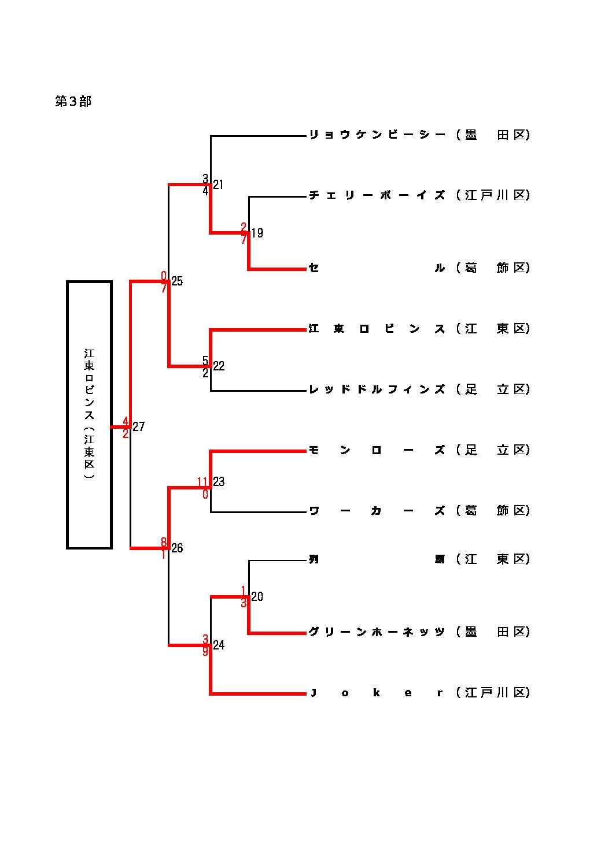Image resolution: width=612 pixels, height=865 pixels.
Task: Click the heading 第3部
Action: [x=73, y=102]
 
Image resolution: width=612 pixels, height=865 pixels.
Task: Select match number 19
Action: [x=257, y=233]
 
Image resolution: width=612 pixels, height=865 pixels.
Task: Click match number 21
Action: [x=218, y=185]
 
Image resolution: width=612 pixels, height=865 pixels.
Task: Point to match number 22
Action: [x=219, y=366]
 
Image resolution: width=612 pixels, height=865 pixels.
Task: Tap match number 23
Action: [x=219, y=482]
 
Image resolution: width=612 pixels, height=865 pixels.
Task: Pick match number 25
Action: [x=177, y=281]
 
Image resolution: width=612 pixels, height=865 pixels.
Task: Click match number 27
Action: [x=139, y=427]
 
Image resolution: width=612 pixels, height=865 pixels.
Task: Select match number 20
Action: [x=257, y=597]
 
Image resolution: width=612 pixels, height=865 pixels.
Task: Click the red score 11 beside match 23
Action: [x=202, y=482]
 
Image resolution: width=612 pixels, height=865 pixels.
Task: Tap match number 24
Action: [x=219, y=645]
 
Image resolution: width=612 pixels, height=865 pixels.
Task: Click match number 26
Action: [x=177, y=548]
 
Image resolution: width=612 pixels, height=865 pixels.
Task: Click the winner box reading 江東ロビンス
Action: [x=89, y=414]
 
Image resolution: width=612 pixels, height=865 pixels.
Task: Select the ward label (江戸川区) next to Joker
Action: [x=493, y=693]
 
